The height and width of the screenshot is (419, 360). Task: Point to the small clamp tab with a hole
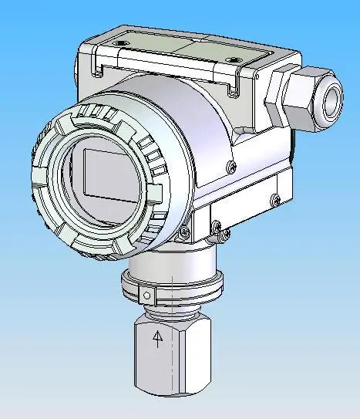[145, 296]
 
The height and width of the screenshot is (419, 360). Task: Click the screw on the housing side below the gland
[230, 165]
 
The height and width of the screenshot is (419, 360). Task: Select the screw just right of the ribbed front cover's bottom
[183, 232]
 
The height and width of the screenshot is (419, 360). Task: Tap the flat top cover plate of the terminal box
[185, 51]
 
